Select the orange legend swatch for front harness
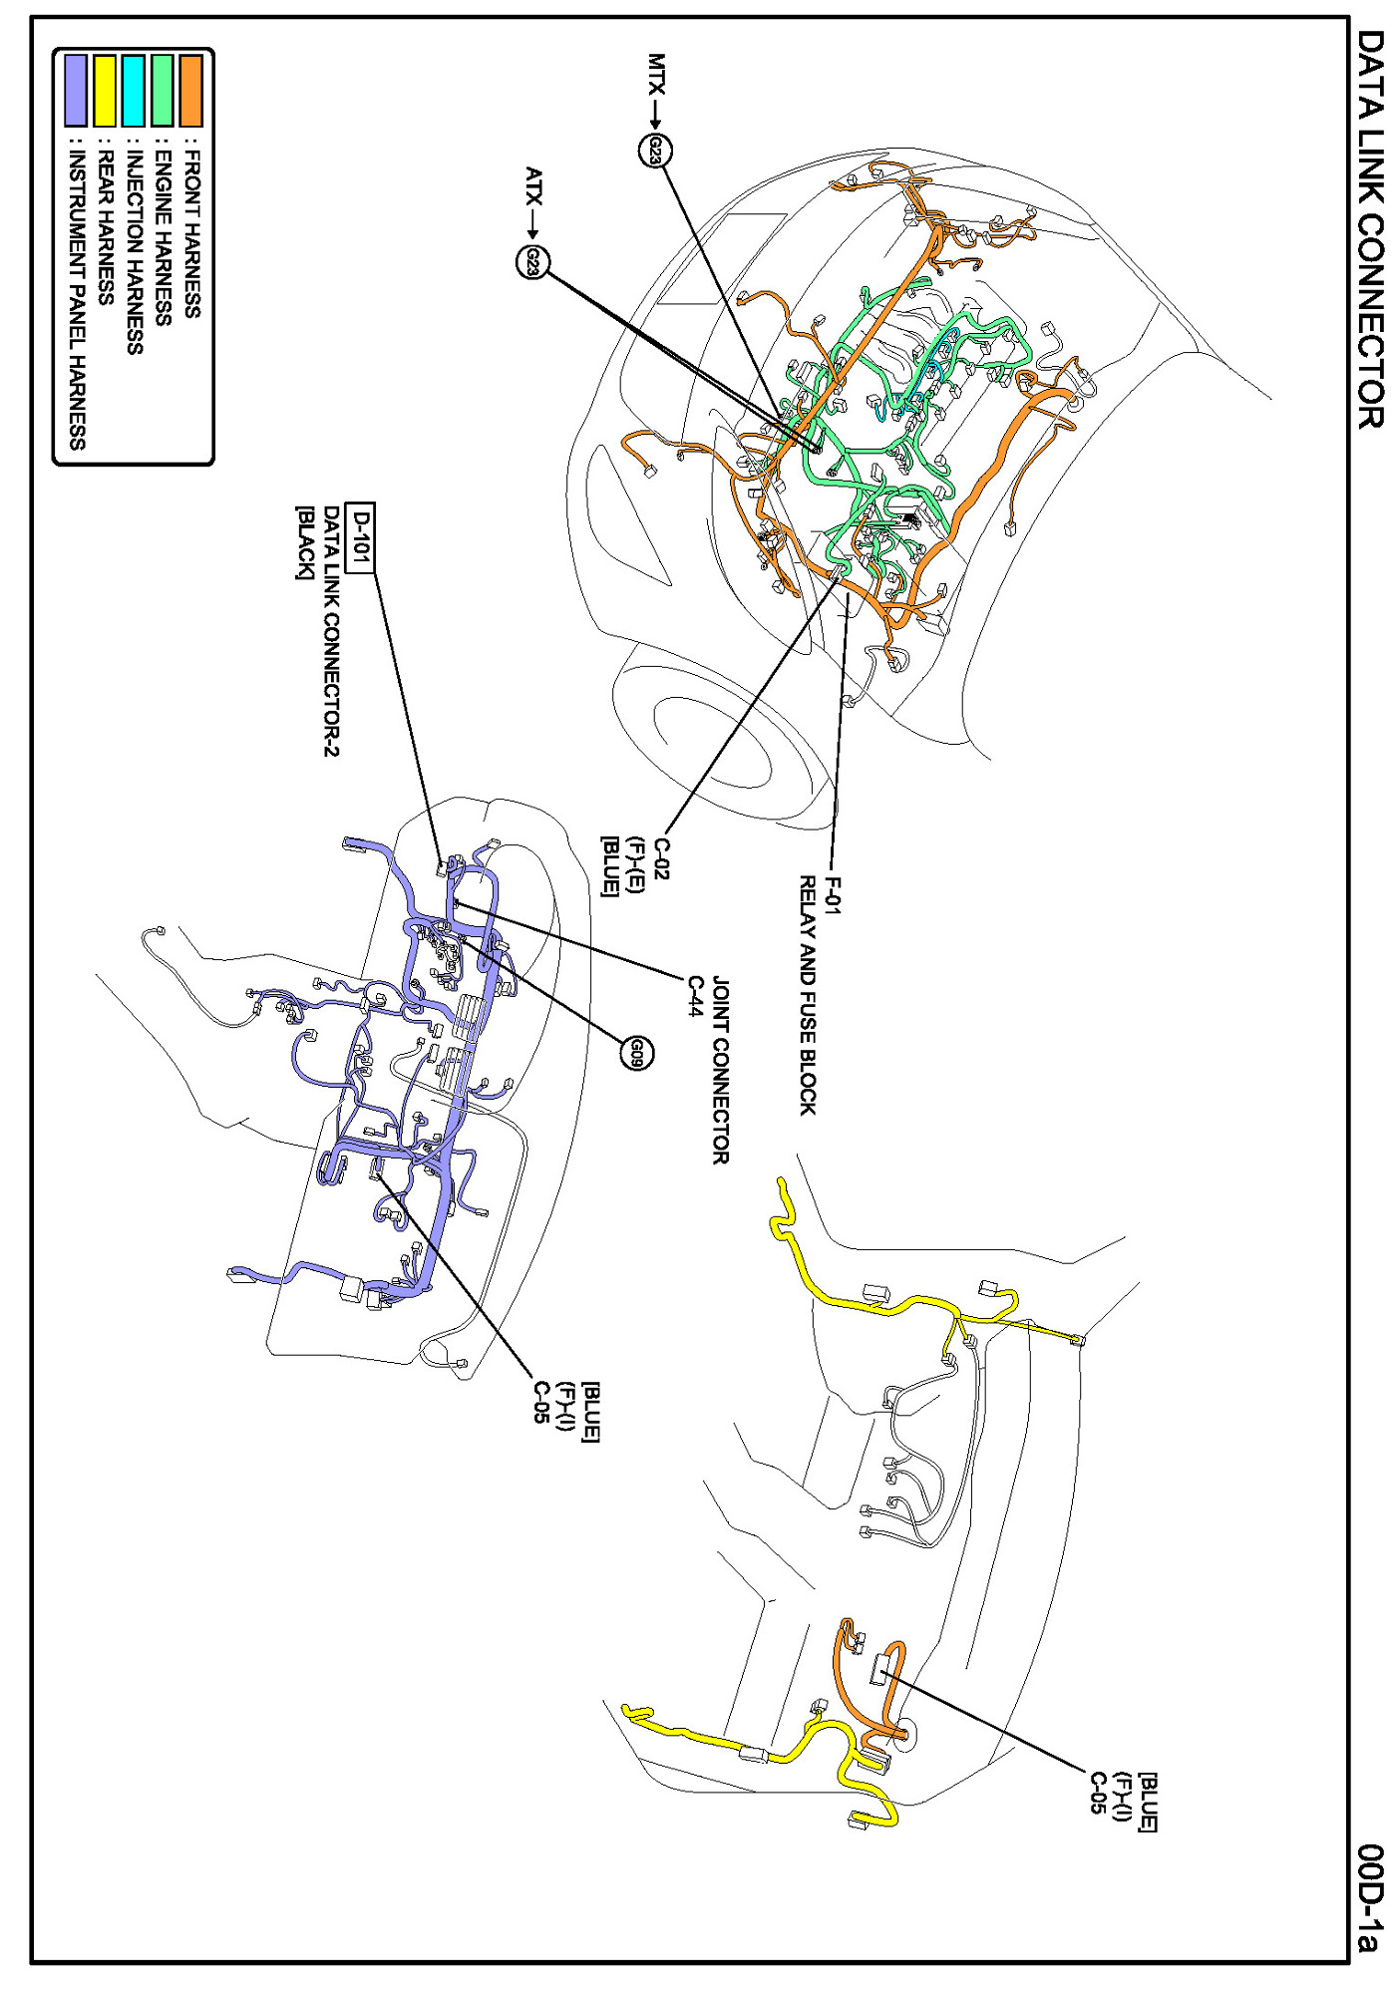[190, 90]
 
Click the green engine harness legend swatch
[162, 90]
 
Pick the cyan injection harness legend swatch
[133, 90]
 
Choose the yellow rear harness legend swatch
[105, 90]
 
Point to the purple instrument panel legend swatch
[76, 90]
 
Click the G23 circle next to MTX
[655, 151]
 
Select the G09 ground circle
[637, 1053]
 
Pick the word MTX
[656, 74]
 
